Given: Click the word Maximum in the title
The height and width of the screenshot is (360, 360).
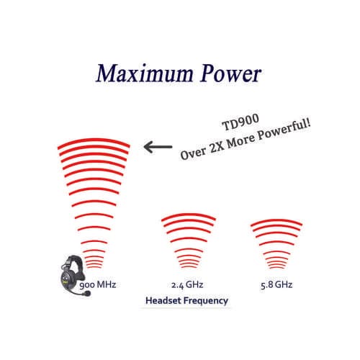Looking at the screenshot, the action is click(145, 73).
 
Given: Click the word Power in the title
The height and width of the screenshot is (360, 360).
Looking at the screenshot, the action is click(231, 73).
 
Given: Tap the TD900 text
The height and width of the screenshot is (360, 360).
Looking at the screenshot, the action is click(240, 122).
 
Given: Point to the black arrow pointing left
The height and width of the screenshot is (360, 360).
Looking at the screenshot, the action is click(158, 147).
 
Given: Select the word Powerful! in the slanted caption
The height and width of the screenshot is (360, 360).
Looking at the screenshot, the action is click(284, 130).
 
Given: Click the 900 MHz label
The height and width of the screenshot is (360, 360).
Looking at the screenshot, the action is click(98, 285).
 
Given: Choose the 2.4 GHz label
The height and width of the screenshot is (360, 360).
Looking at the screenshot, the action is click(187, 285).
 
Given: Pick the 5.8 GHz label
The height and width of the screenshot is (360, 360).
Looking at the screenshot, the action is click(276, 285).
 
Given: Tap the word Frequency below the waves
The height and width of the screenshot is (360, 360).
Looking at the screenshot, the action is click(204, 301).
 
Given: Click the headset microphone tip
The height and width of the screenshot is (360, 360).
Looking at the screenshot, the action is click(87, 293).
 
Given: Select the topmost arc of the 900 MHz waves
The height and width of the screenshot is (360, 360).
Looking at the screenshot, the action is click(94, 140).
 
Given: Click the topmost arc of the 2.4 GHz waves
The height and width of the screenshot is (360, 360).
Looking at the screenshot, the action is click(189, 215).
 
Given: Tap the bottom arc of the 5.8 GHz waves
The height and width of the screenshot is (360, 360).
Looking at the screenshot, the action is click(276, 267).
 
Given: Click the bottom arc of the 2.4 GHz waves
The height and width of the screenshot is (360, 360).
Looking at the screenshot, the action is click(189, 266).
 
